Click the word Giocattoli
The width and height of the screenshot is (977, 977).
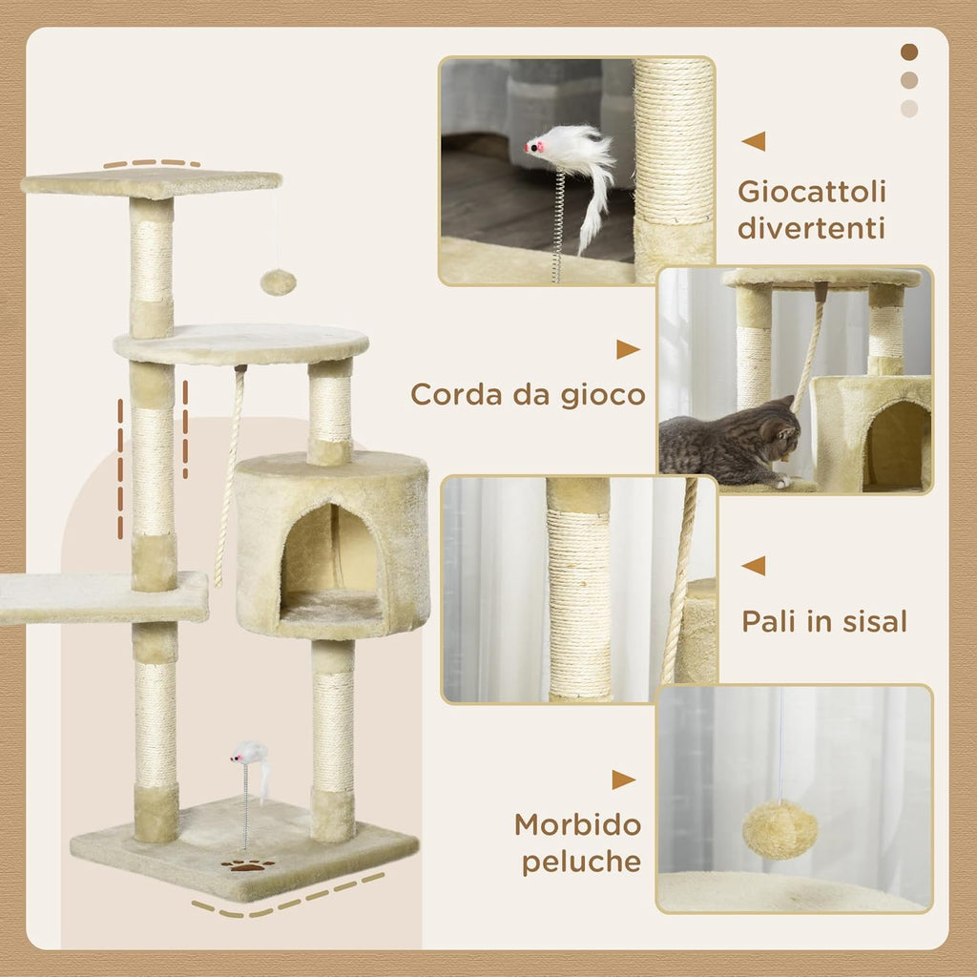point(811,192)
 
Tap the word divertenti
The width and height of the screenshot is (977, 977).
point(811,229)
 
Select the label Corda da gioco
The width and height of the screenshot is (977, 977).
point(528,394)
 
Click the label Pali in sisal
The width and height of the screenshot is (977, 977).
point(824,622)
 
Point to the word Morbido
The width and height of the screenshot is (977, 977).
point(577,823)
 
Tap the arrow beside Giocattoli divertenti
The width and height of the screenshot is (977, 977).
point(754,141)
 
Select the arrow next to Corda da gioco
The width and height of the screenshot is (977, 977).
point(627,349)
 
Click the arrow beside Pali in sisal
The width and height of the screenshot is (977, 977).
point(754,566)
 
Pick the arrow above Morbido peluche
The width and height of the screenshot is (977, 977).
point(624,780)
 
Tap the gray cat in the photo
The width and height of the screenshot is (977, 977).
point(730,441)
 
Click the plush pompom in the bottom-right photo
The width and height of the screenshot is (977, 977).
point(780,828)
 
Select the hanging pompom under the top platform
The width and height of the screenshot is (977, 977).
point(278,281)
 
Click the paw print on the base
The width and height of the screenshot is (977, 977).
point(247,865)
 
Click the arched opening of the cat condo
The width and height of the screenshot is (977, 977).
point(330,563)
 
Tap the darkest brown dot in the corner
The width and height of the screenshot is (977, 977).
point(909,52)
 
